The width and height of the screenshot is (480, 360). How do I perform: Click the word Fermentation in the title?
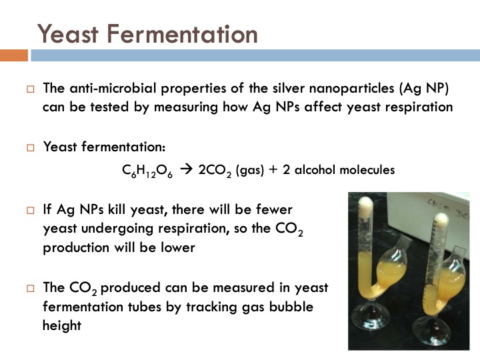click(179, 33)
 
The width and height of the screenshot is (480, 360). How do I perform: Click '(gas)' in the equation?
click(249, 170)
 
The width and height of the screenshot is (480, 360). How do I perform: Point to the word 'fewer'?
click(274, 209)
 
